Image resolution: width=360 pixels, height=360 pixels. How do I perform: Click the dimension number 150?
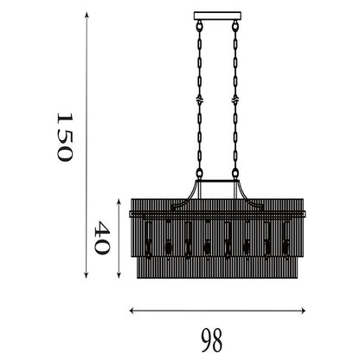click(64, 137)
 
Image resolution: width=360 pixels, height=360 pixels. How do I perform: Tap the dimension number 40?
click(102, 237)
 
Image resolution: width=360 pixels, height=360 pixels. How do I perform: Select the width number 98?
click(212, 340)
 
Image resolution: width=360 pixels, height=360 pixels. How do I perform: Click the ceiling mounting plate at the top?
click(217, 16)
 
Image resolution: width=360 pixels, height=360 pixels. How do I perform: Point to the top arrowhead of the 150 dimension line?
click(87, 15)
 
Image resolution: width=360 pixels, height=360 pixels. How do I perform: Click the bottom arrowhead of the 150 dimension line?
click(87, 275)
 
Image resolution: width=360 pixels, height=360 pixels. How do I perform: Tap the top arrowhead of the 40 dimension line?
click(119, 202)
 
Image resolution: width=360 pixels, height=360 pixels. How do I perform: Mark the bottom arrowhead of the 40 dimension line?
click(119, 275)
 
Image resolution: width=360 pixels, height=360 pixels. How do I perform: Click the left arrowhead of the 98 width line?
click(132, 311)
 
